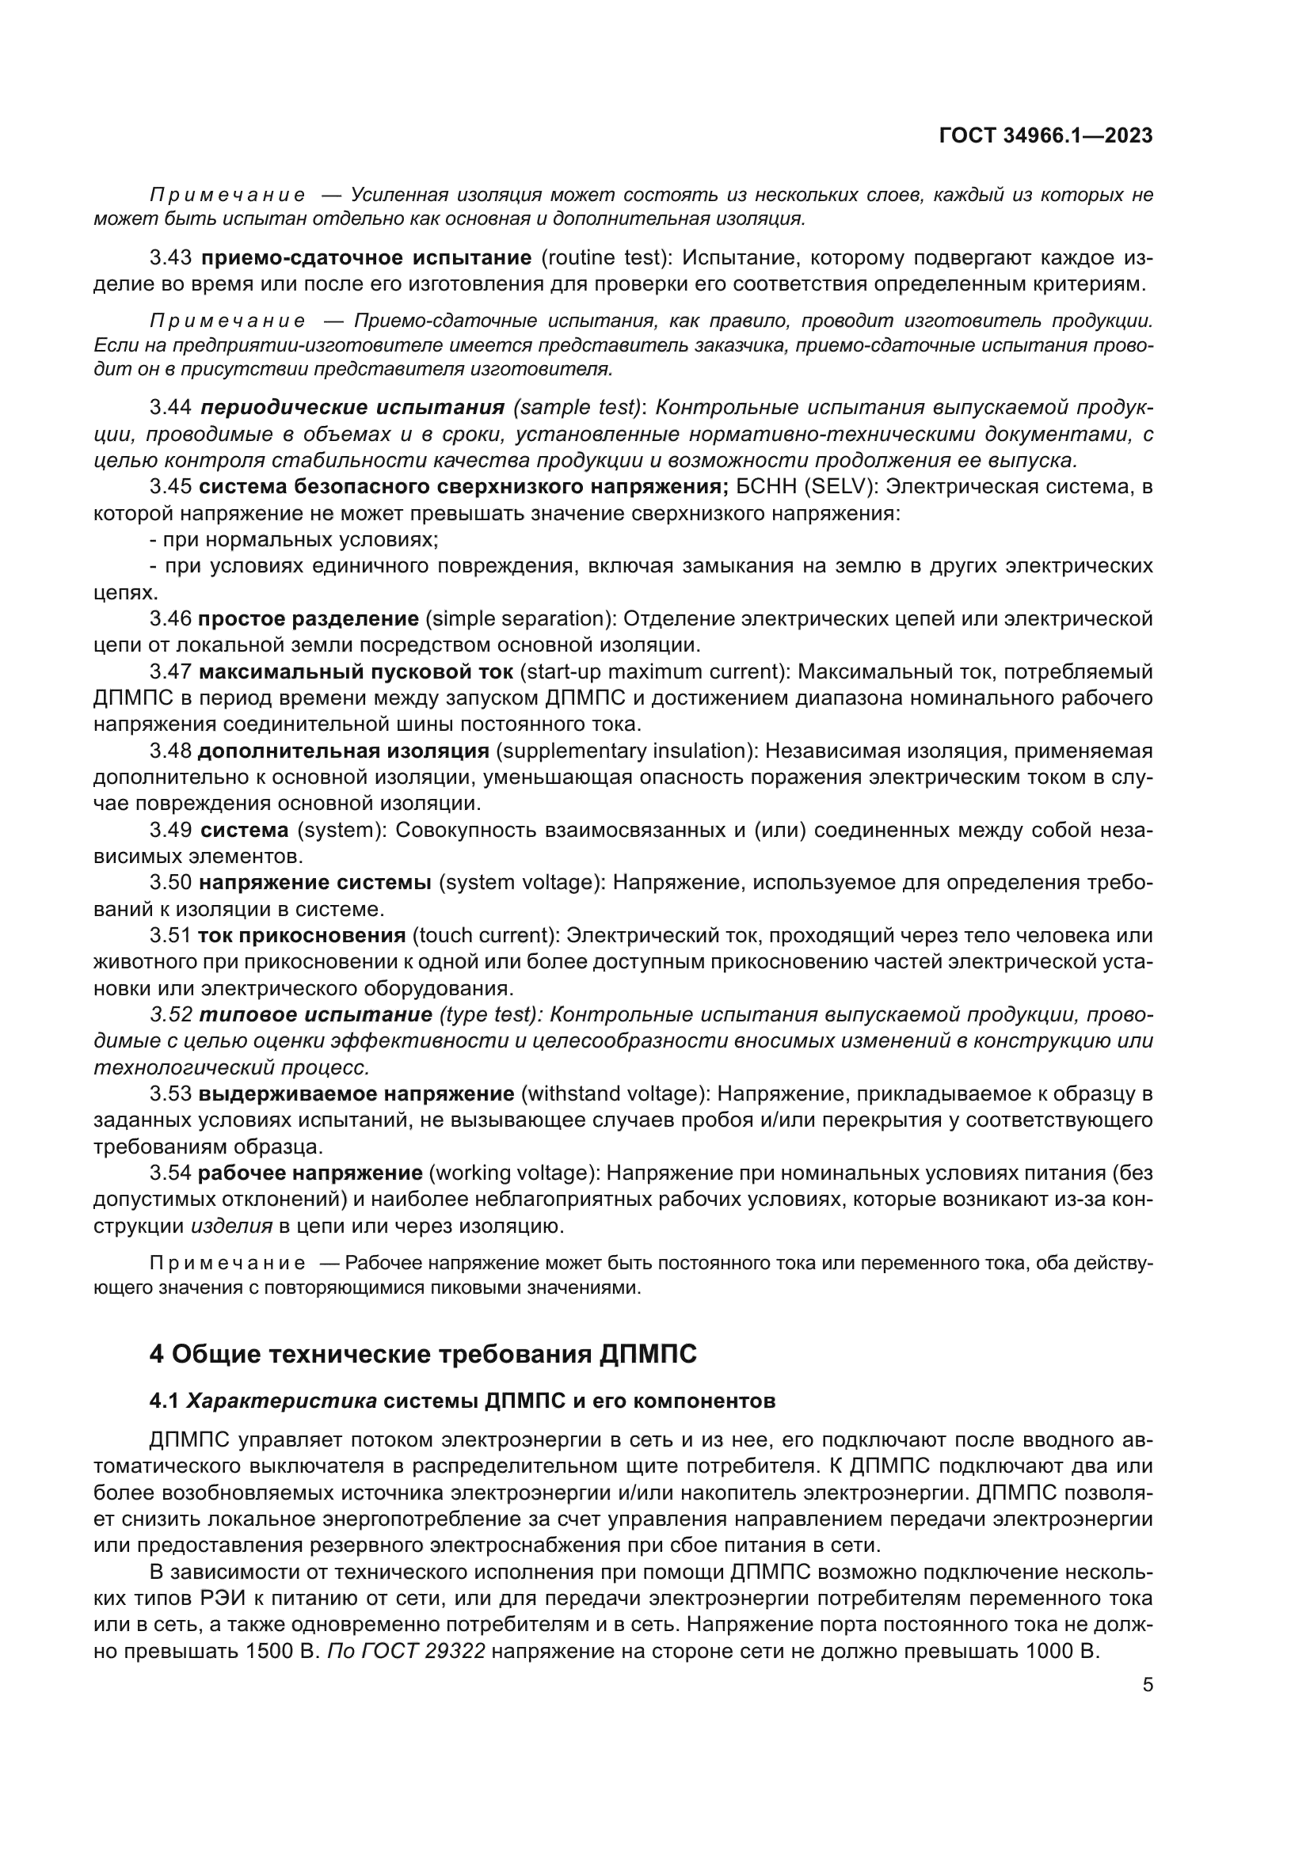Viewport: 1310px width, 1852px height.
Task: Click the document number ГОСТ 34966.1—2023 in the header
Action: pos(1045,135)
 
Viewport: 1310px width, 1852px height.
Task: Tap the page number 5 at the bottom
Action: pos(1147,1685)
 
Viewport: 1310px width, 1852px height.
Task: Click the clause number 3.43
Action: pos(170,258)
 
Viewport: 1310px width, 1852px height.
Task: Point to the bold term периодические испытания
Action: pos(352,407)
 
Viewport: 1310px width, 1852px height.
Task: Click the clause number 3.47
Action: pos(170,672)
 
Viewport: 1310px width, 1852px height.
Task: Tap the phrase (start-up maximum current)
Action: pos(653,672)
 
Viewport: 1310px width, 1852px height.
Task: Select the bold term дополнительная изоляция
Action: pos(344,751)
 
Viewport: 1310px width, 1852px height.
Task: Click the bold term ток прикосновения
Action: pos(302,936)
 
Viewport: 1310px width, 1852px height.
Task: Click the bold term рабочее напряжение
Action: pos(310,1173)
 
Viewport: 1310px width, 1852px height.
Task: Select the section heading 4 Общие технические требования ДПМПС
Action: pos(423,1353)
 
